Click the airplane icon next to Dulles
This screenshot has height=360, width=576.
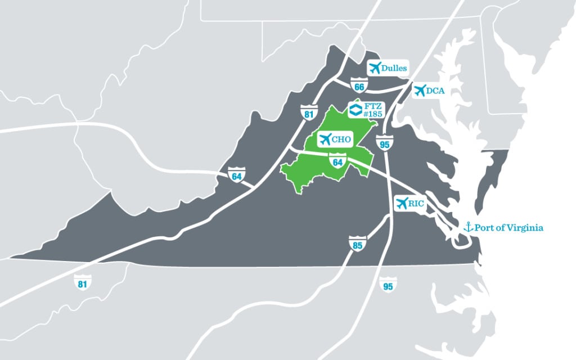(x=375, y=68)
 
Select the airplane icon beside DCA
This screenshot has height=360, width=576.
(x=419, y=90)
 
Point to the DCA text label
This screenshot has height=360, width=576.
(x=435, y=91)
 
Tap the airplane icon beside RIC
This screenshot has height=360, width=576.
(x=402, y=203)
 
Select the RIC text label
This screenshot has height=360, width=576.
(x=417, y=204)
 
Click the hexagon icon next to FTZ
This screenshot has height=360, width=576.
(x=355, y=109)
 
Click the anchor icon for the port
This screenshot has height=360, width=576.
(x=466, y=227)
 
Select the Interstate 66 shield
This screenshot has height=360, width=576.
(x=359, y=86)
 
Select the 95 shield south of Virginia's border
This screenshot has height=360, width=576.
(x=388, y=285)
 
